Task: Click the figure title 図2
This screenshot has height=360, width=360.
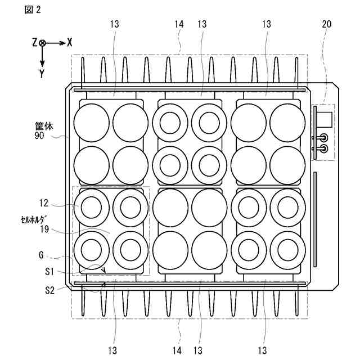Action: coord(33,10)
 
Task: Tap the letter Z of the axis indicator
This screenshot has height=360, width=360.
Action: coord(35,42)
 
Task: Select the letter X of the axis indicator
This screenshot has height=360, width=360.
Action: coord(69,42)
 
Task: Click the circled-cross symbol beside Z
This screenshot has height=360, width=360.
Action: coord(43,42)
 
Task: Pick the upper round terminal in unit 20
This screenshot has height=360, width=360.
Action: coord(323,137)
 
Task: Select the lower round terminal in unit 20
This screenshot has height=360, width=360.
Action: coord(323,148)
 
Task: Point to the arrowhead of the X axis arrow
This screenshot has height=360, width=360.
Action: coord(63,42)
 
